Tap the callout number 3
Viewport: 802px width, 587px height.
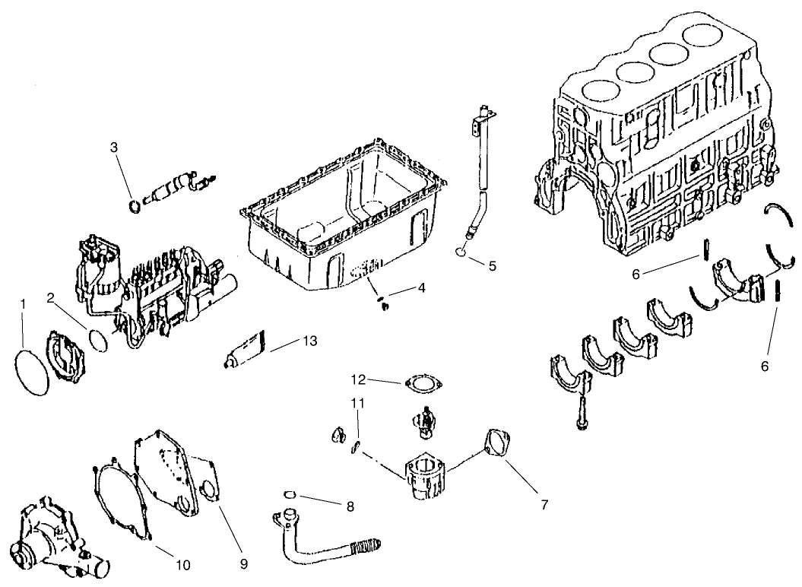114,147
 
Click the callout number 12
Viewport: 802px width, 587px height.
359,378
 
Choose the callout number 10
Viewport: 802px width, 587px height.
182,565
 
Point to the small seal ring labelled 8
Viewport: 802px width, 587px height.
288,495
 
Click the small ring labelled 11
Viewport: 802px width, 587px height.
354,448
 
